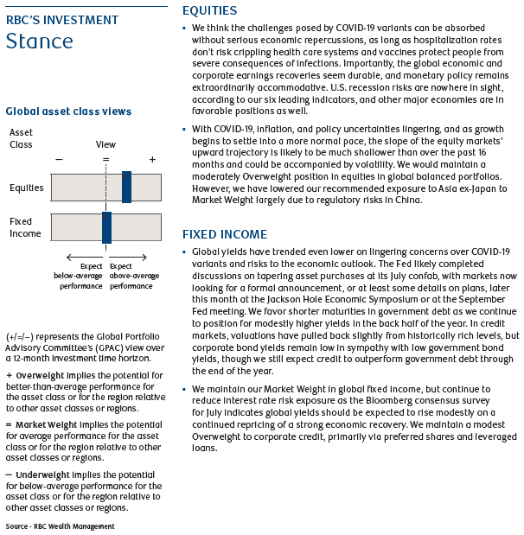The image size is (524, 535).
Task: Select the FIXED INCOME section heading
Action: (225, 234)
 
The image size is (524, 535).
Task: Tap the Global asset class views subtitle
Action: (68, 111)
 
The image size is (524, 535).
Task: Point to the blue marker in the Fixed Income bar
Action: (106, 227)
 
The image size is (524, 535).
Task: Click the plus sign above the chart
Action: (152, 160)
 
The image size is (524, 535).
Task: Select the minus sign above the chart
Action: (58, 160)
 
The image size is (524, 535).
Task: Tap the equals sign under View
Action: (105, 160)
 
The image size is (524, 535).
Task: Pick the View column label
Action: (105, 145)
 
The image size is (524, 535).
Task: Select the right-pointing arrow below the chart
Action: (142, 256)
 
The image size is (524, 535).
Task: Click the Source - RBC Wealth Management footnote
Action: (60, 525)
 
